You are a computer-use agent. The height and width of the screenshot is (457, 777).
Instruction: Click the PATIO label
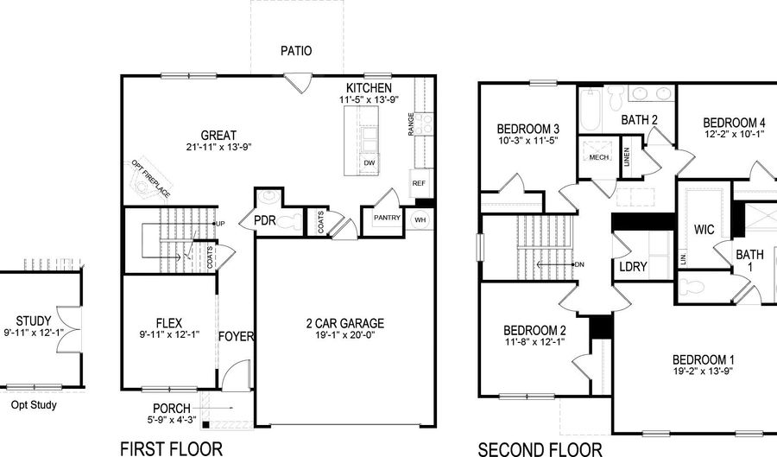pyautogui.click(x=296, y=51)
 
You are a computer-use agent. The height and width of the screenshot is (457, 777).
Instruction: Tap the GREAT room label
pyautogui.click(x=219, y=136)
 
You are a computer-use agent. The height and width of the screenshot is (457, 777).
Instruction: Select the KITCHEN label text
pyautogui.click(x=369, y=89)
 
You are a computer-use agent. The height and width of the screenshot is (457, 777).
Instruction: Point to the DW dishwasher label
pyautogui.click(x=370, y=163)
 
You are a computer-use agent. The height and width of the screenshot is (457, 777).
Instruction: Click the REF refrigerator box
pyautogui.click(x=419, y=183)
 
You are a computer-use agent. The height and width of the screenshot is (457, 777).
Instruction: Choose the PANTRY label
pyautogui.click(x=386, y=219)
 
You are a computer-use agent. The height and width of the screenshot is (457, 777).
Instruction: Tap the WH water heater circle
pyautogui.click(x=420, y=219)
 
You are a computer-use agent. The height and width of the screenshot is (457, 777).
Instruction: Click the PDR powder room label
pyautogui.click(x=264, y=221)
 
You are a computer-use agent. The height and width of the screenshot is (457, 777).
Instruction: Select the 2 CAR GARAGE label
pyautogui.click(x=345, y=324)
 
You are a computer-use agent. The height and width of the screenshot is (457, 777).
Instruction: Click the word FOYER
pyautogui.click(x=236, y=336)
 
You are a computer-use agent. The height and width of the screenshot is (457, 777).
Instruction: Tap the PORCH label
pyautogui.click(x=172, y=408)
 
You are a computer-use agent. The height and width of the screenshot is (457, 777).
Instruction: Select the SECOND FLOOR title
pyautogui.click(x=540, y=448)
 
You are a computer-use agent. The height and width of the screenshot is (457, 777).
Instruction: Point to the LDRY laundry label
pyautogui.click(x=633, y=267)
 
